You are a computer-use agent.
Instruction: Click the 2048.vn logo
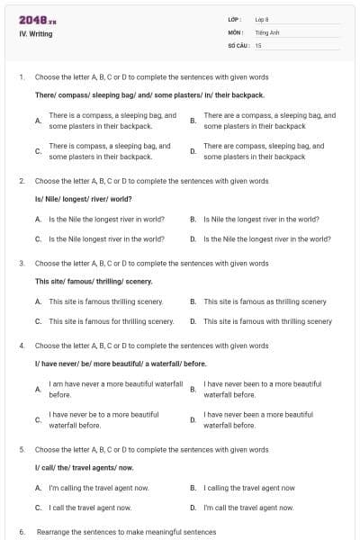(38, 20)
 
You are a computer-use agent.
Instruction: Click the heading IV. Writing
(36, 34)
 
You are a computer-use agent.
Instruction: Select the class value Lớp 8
(262, 19)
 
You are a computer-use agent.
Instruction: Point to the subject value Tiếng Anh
(267, 31)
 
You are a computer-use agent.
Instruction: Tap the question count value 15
(258, 44)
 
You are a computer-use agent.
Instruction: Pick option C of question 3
(111, 321)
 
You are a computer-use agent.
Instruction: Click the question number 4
(22, 345)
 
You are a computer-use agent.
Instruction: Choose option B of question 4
(261, 389)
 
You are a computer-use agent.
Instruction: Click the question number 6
(22, 532)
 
